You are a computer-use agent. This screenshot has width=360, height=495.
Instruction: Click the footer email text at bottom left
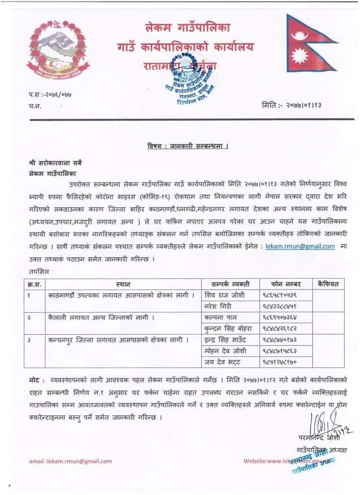point(71,462)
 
